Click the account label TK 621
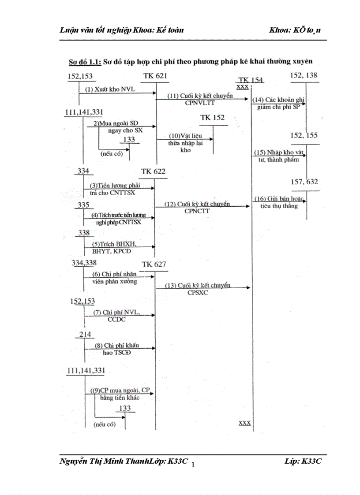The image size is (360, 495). click(x=155, y=76)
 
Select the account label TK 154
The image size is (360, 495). click(x=251, y=80)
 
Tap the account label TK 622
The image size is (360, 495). click(x=154, y=171)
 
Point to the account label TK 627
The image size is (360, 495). click(x=154, y=264)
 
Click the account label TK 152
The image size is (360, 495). click(x=212, y=118)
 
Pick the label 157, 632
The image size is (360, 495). click(x=304, y=182)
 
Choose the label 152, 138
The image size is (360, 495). click(x=304, y=75)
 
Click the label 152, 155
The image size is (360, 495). click(x=304, y=135)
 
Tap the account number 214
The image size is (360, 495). click(x=85, y=335)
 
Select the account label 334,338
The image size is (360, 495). click(x=84, y=263)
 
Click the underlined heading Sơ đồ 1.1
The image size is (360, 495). click(x=85, y=61)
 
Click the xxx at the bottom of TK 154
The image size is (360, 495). click(x=245, y=422)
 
